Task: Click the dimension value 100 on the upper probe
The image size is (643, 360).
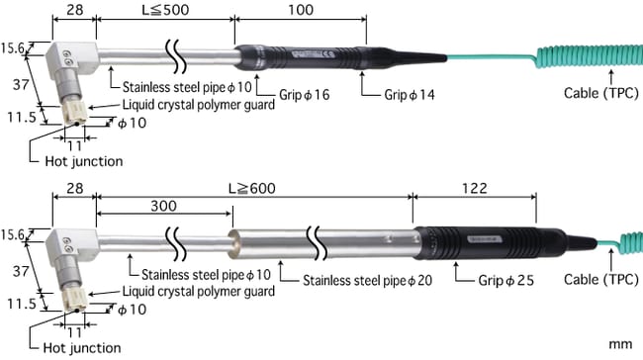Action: pyautogui.click(x=301, y=10)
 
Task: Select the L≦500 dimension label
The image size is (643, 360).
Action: pyautogui.click(x=165, y=10)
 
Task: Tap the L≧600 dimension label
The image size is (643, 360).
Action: pyautogui.click(x=252, y=189)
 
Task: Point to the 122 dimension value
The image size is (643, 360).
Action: pyautogui.click(x=475, y=188)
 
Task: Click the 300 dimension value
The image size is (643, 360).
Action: pyautogui.click(x=163, y=206)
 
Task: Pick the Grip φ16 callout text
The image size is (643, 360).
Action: pyautogui.click(x=305, y=95)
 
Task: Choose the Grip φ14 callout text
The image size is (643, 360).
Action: pyautogui.click(x=410, y=95)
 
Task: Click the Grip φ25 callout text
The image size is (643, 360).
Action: pyautogui.click(x=506, y=281)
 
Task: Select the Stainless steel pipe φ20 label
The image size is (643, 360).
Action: pyautogui.click(x=367, y=281)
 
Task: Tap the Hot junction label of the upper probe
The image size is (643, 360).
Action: pyautogui.click(x=84, y=161)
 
